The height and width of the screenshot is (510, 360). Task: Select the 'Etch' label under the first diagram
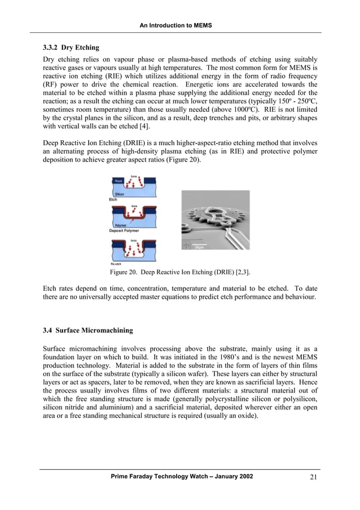(x=113, y=199)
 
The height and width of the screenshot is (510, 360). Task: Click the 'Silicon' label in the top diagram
(x=120, y=194)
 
